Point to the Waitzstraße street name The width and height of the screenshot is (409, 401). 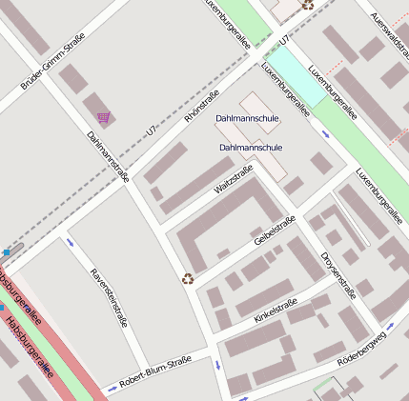[x=234, y=181]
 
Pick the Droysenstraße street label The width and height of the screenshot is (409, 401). [x=338, y=274]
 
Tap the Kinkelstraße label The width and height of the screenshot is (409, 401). [x=276, y=311]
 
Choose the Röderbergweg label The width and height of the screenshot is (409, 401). [x=362, y=349]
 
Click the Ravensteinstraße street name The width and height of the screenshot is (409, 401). [x=108, y=297]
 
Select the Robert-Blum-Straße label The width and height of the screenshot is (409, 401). [x=155, y=371]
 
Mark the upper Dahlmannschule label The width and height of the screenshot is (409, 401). [x=248, y=118]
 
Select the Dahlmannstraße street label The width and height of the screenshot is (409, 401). [x=108, y=155]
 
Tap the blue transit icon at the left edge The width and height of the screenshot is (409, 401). [x=6, y=252]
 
